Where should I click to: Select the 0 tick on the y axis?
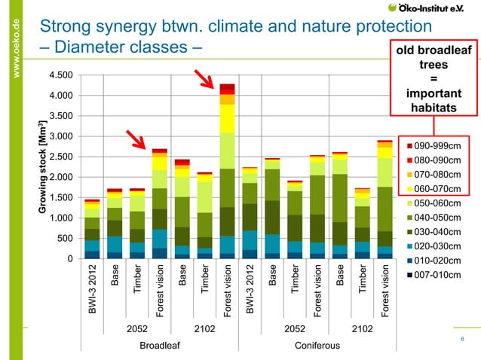click(70, 260)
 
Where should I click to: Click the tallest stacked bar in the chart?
click(227, 173)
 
